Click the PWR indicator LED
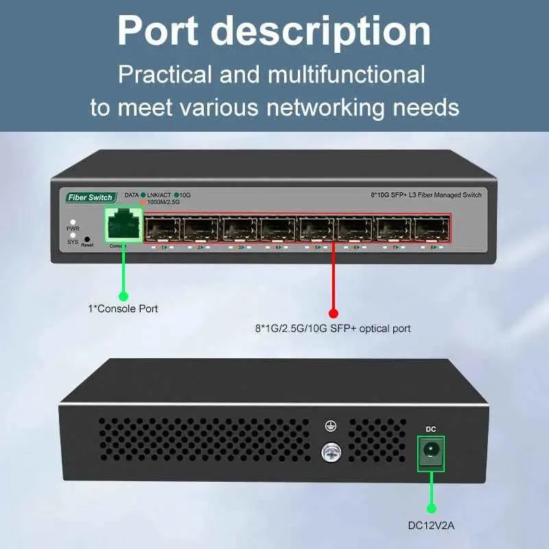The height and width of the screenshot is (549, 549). tap(73, 222)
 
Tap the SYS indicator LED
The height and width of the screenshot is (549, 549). tap(73, 235)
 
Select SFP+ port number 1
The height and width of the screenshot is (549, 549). tap(163, 229)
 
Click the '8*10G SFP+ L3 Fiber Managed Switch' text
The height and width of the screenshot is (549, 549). tap(422, 196)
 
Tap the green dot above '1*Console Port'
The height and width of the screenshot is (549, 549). tap(124, 296)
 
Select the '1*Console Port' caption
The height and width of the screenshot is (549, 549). tap(123, 309)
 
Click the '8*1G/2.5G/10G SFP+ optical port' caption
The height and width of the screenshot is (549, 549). tap(333, 329)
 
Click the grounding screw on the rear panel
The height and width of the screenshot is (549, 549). tap(331, 451)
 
